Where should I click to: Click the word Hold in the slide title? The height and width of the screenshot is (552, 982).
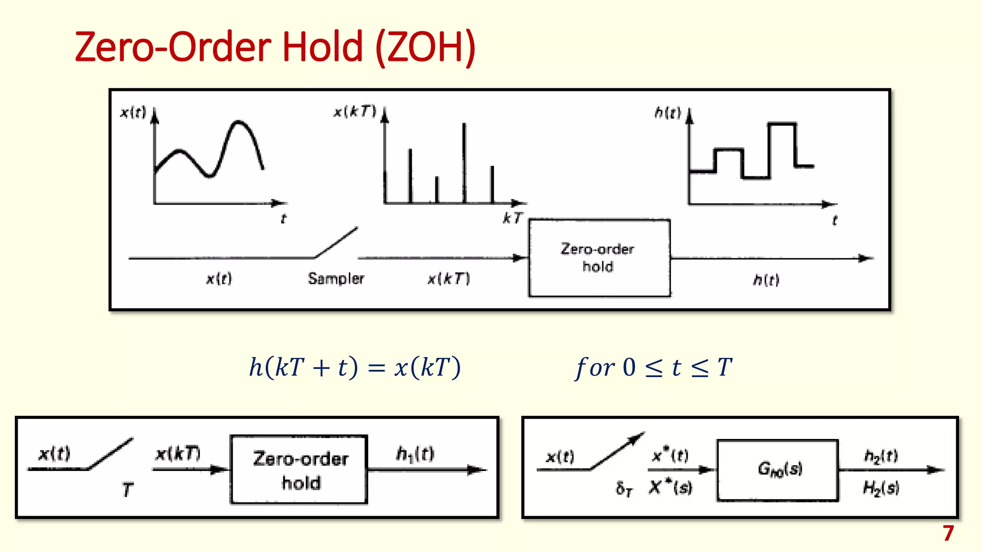point(322,47)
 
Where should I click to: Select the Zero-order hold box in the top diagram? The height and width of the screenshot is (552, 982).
point(599,258)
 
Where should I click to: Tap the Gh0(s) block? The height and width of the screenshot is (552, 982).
point(778,470)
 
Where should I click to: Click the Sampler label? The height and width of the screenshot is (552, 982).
point(336,278)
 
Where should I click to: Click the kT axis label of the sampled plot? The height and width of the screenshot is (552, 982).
point(512,218)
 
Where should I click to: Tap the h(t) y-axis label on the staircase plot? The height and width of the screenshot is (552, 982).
point(667,113)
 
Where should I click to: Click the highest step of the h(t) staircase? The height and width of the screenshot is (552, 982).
point(782,124)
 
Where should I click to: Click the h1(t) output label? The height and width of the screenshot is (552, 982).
point(415,453)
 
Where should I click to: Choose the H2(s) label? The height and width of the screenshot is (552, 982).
point(881,488)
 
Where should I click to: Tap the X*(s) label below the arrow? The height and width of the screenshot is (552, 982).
point(670,488)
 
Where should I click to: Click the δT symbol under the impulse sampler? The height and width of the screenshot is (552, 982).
point(624,489)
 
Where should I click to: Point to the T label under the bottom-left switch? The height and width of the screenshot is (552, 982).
point(127,490)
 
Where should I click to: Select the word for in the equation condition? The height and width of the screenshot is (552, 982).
point(595,368)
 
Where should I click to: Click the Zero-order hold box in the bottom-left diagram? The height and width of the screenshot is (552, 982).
point(299,470)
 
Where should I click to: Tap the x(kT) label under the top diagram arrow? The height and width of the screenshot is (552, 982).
point(448,278)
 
